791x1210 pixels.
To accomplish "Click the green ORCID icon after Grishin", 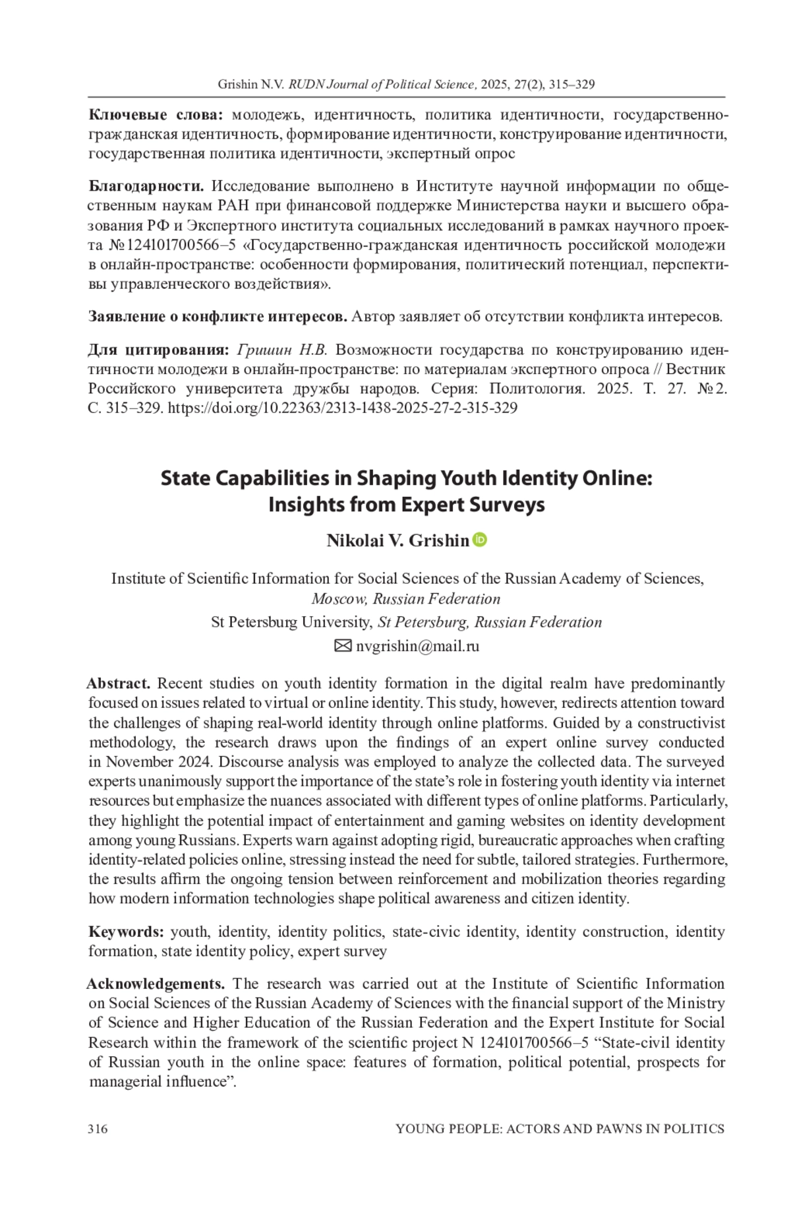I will pos(480,540).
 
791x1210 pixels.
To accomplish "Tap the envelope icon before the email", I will pos(343,646).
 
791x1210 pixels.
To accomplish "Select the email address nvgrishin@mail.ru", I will pos(417,646).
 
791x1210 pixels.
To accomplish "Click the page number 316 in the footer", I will pos(98,1129).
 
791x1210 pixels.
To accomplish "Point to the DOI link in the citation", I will pos(342,408).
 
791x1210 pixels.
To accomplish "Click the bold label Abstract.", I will pos(119,684).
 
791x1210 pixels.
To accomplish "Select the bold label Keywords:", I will pos(126,932).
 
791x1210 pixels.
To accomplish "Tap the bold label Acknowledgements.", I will pos(156,984).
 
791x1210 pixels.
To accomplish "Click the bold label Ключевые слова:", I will pos(156,115).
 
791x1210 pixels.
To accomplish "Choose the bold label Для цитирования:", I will pos(159,350).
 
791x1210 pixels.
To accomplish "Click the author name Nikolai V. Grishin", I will pos(397,540).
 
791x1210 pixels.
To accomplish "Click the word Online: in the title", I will pos(617,478).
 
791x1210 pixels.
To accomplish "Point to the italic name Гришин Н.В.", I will pos(281,350).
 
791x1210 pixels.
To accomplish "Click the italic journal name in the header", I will pos(382,84).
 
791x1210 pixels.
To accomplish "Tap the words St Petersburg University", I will pos(291,622).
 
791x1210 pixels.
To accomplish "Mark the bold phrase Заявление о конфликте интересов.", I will pos(218,317).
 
